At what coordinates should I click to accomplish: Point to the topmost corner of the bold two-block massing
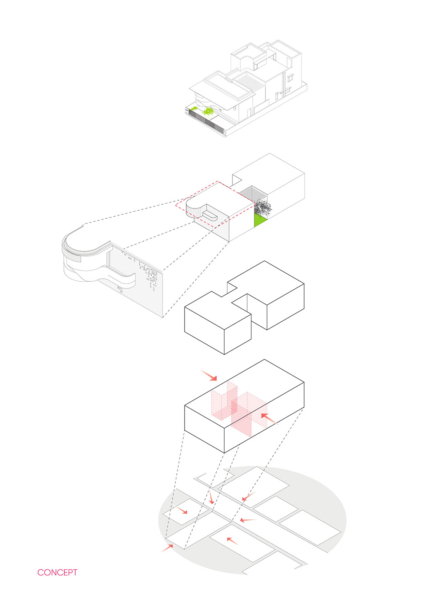265,261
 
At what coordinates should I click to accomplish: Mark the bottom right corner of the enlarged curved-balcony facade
162,317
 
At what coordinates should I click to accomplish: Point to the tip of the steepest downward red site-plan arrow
212,504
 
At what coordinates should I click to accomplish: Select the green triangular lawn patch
259,220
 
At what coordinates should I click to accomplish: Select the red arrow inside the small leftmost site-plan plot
182,510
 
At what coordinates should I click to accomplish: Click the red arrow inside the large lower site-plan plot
233,541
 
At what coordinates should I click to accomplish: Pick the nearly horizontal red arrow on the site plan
248,520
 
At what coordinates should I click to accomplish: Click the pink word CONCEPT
57,572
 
